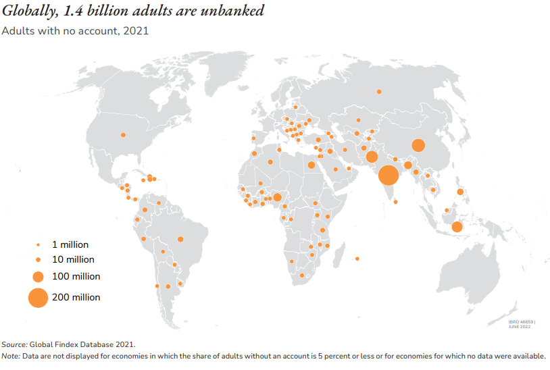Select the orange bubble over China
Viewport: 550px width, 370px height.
point(418,145)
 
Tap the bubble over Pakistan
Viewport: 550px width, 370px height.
point(372,157)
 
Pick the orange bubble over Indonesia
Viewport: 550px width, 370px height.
point(457,227)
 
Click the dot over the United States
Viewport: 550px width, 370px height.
point(123,134)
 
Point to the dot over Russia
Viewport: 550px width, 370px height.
point(379,91)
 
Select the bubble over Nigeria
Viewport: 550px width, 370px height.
point(277,197)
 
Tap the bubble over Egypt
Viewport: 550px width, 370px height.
point(311,165)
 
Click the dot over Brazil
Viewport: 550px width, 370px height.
point(180,239)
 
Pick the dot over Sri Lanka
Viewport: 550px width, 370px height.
point(395,202)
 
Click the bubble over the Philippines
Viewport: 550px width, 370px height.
point(460,192)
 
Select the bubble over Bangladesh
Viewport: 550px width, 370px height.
point(408,165)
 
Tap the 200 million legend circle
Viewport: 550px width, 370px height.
point(38,297)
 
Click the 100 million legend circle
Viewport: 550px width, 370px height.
point(38,276)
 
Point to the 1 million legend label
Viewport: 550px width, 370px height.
point(70,244)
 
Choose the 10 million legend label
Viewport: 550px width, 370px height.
point(73,259)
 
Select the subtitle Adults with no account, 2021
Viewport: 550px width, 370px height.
point(75,30)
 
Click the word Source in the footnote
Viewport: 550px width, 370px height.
point(14,344)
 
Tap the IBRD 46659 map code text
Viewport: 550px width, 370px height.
point(521,321)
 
